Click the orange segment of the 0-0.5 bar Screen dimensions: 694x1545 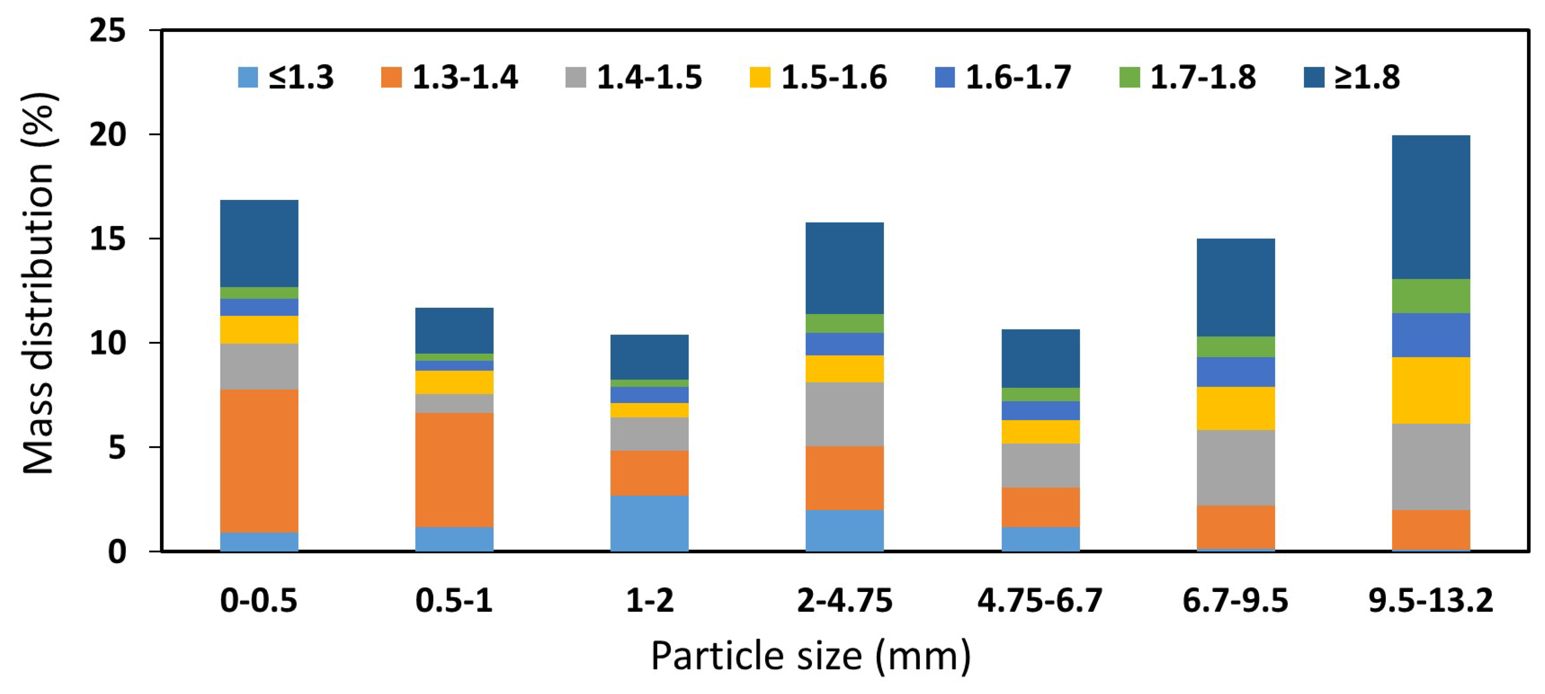click(x=259, y=461)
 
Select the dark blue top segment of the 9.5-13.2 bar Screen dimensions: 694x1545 click(x=1431, y=207)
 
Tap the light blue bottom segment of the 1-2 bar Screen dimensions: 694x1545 click(x=650, y=523)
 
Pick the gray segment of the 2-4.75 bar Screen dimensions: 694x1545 click(x=845, y=414)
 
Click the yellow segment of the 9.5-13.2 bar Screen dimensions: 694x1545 click(x=1431, y=390)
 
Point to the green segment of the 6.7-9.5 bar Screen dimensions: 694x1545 click(x=1235, y=347)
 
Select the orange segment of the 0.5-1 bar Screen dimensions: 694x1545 click(x=454, y=470)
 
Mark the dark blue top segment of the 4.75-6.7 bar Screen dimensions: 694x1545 click(x=1040, y=358)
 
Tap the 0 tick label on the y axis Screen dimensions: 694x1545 click(x=117, y=551)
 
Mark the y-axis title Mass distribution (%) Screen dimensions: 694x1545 click(x=39, y=283)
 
